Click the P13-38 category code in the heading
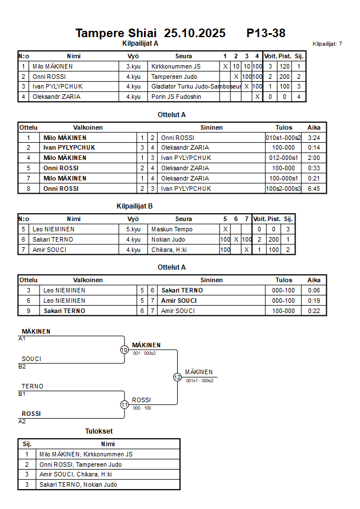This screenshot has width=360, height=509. (x=266, y=33)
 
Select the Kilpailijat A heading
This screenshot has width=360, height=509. (x=140, y=43)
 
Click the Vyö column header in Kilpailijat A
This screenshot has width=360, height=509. (x=133, y=56)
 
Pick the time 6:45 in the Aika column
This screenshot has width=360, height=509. (x=314, y=189)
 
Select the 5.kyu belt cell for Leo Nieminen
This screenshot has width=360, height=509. (x=133, y=229)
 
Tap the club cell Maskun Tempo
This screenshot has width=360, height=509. (x=171, y=229)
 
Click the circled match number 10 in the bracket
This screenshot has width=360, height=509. (x=124, y=350)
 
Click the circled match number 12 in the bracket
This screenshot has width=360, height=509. (x=177, y=377)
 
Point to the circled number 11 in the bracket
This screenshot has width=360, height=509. (x=124, y=404)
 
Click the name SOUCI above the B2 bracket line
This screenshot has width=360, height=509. (x=31, y=359)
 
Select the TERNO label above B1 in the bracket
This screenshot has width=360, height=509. (x=33, y=386)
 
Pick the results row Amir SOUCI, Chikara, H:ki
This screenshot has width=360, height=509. (x=75, y=474)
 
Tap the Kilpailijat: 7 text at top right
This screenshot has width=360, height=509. (x=327, y=43)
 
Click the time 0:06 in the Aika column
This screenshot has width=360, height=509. (x=314, y=290)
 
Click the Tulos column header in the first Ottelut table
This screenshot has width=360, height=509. (x=283, y=127)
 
